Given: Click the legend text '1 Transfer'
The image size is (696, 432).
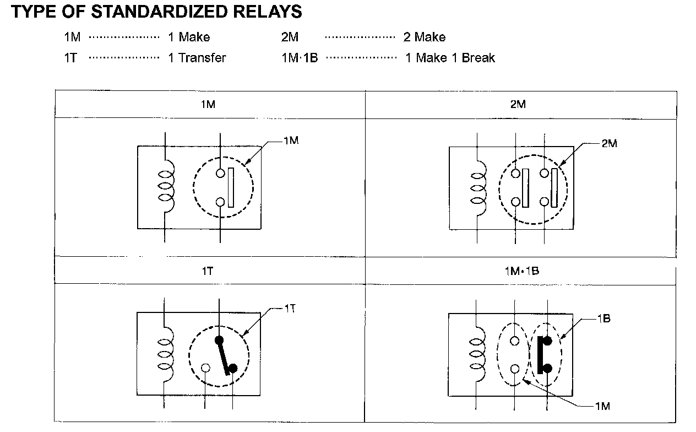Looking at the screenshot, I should [197, 58].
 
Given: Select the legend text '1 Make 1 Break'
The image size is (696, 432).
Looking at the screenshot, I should [450, 58].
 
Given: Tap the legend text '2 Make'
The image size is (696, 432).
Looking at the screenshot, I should [425, 37].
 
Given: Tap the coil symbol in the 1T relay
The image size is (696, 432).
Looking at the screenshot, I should [165, 354].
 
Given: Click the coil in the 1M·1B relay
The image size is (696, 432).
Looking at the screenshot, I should [477, 355].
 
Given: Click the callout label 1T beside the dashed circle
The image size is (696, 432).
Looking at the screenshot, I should [290, 309].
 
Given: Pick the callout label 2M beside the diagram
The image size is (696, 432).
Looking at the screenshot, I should [609, 143].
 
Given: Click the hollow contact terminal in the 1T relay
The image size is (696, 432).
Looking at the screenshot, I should [205, 368].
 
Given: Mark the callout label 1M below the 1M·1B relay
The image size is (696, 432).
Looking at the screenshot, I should [602, 407].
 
